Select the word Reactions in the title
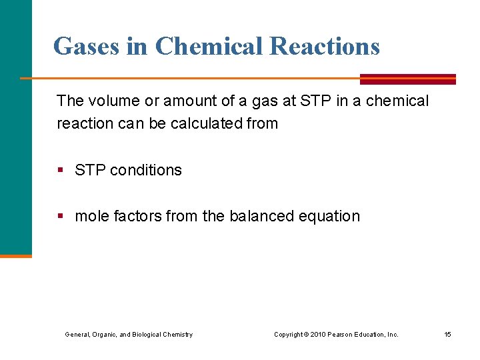(x=325, y=47)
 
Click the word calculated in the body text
(x=206, y=123)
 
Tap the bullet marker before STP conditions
(x=61, y=171)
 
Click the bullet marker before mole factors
(x=61, y=217)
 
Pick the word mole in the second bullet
(x=92, y=216)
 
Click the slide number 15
(x=448, y=334)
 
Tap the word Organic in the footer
(x=104, y=334)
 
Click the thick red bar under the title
(x=408, y=79)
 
